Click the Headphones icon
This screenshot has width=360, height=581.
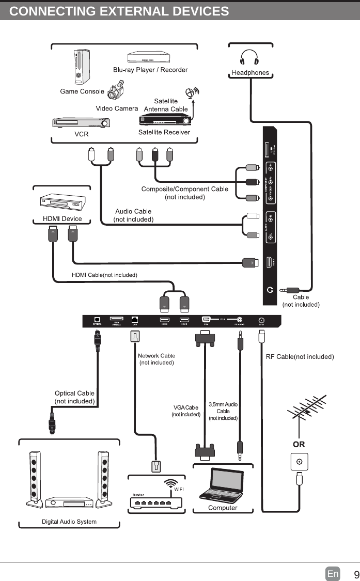pos(250,57)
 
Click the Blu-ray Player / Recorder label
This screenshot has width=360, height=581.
pos(150,70)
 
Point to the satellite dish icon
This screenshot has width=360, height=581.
pos(193,93)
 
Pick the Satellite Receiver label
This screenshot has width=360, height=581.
pos(164,132)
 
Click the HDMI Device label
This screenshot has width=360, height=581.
pos(62,218)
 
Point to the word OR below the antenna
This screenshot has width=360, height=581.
pos(299,444)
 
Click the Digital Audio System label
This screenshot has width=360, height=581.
pos(69,522)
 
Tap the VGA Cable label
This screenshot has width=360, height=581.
pos(186,411)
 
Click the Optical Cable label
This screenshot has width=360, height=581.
pos(75,397)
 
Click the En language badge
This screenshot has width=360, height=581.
pos(333,574)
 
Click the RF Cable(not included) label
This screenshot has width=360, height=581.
pos(300,356)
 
